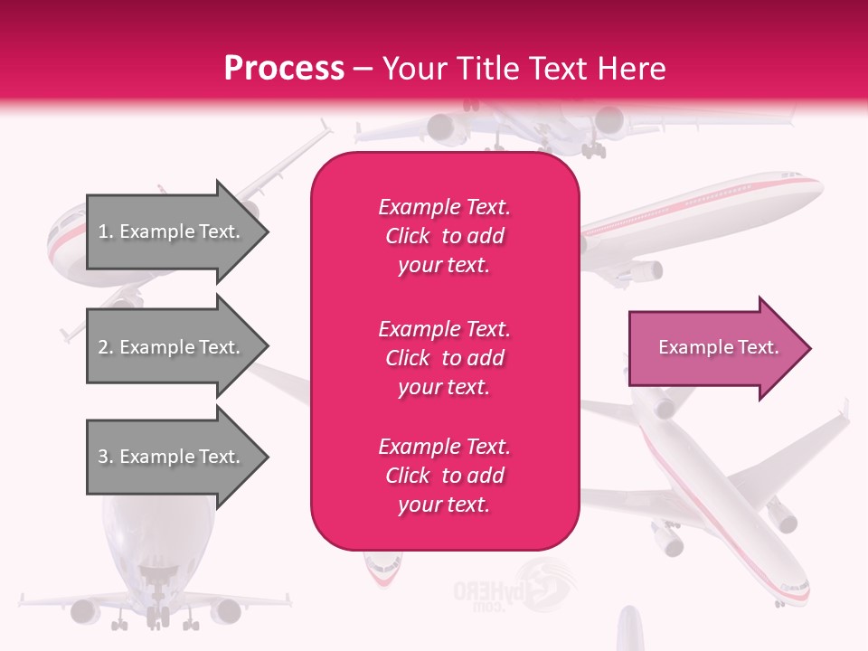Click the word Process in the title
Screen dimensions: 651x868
[284, 69]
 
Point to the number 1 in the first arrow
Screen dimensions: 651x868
[103, 231]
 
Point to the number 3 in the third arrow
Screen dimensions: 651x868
[103, 457]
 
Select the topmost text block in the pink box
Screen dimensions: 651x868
[445, 236]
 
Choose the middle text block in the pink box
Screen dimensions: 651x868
[445, 358]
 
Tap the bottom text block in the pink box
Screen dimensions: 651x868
[445, 476]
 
